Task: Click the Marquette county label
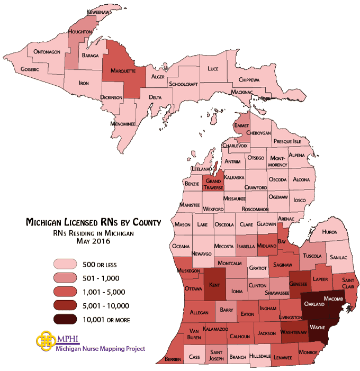[123, 71]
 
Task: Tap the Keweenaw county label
[102, 11]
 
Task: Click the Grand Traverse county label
[214, 184]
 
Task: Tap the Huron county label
[329, 232]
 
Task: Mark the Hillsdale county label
[262, 356]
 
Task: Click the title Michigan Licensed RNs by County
[93, 223]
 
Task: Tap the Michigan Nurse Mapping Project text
[100, 349]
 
